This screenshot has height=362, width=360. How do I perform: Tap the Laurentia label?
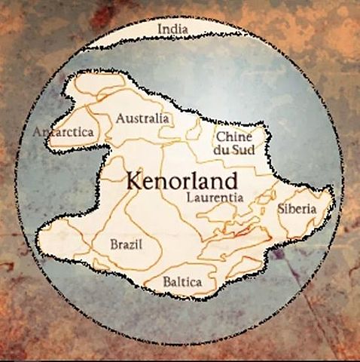pyautogui.click(x=215, y=197)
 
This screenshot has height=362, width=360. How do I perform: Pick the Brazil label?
pyautogui.click(x=125, y=244)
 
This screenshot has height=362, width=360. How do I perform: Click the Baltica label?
pyautogui.click(x=183, y=282)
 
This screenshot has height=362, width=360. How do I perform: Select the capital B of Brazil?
pyautogui.click(x=113, y=244)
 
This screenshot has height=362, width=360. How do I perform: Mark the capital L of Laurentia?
pyautogui.click(x=189, y=197)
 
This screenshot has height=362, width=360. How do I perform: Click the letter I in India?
pyautogui.click(x=158, y=29)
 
